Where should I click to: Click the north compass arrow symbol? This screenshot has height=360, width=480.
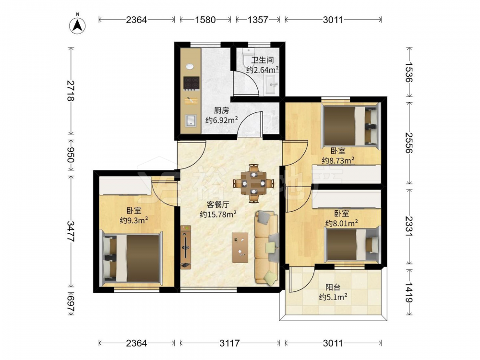[x=77, y=25]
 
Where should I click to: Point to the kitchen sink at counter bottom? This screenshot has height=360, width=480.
[x=191, y=120]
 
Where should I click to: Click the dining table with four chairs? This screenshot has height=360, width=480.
[x=253, y=183]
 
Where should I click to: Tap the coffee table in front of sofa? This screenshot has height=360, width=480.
[x=240, y=247]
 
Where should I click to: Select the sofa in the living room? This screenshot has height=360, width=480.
[x=266, y=247]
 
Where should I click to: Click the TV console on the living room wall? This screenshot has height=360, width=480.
[x=185, y=247]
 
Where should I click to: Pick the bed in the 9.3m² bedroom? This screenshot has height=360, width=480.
[x=132, y=258]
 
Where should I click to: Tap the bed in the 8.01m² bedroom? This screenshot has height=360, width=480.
[x=352, y=245]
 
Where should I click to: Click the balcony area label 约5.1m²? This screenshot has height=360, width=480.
[x=333, y=297]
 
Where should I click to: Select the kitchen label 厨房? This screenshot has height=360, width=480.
[x=221, y=110]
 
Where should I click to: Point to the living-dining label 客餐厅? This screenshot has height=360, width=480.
[x=218, y=204]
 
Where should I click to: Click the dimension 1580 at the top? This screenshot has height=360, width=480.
[x=205, y=20]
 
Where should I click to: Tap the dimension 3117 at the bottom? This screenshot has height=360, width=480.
[x=229, y=343]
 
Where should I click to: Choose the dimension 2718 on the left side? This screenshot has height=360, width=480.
[x=71, y=91]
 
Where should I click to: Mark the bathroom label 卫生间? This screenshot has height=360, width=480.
[x=263, y=60]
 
